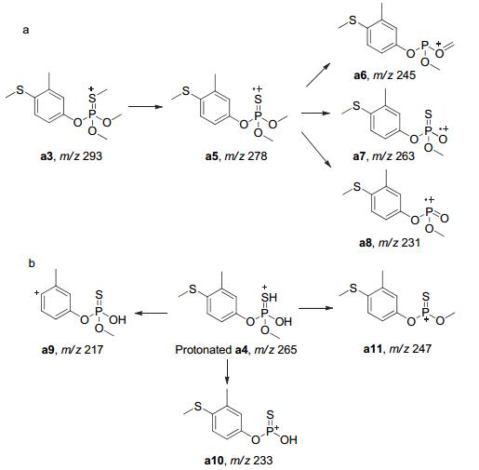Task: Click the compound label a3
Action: point(47,155)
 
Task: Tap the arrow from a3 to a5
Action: point(145,107)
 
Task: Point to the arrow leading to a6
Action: point(317,75)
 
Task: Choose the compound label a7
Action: point(360,155)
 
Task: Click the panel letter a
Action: point(26,30)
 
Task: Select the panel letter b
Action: point(32,263)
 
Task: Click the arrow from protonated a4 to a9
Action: point(152,313)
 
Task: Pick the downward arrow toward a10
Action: point(228,371)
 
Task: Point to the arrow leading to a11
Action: point(315,308)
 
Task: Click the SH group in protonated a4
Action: point(269,298)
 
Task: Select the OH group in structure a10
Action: point(288,439)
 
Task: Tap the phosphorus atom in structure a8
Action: point(430,212)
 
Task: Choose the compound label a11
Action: point(373,349)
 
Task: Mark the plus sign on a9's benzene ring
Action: point(37,292)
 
